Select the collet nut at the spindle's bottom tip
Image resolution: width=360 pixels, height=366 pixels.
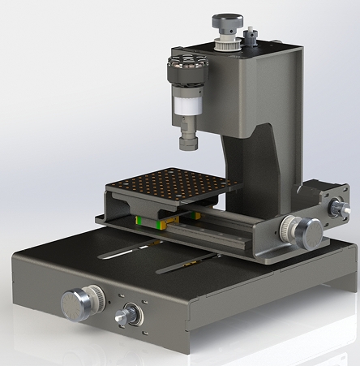(x=188, y=142)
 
